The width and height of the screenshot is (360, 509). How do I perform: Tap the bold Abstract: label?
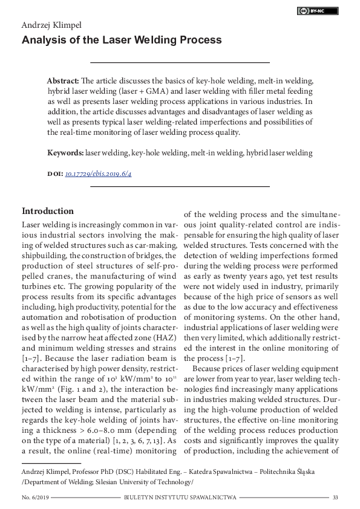[x=63, y=81]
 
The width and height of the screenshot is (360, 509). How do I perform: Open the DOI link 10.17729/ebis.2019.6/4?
[x=98, y=173]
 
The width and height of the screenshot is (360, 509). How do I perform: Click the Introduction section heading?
[x=48, y=211]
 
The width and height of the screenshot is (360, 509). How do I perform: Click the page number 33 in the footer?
[x=335, y=497]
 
